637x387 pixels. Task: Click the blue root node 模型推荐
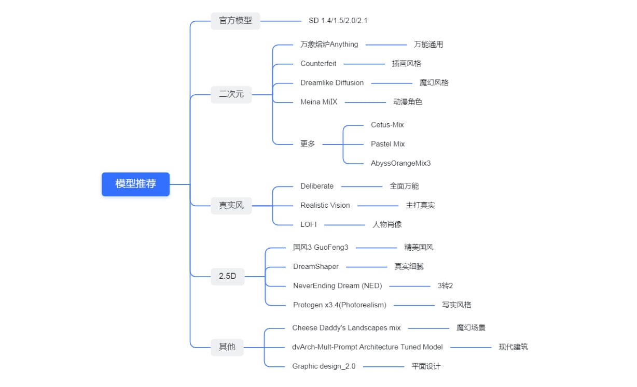pyautogui.click(x=135, y=184)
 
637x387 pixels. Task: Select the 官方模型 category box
pyautogui.click(x=235, y=21)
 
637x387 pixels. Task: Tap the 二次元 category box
pyautogui.click(x=231, y=94)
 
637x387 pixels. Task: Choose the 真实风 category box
pyautogui.click(x=231, y=205)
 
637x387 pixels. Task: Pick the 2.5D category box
pyautogui.click(x=227, y=276)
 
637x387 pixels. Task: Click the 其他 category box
pyautogui.click(x=227, y=347)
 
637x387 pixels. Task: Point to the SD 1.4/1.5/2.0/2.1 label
pyautogui.click(x=338, y=21)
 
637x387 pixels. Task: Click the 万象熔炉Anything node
pyautogui.click(x=329, y=45)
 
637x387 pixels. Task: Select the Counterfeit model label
pyautogui.click(x=318, y=64)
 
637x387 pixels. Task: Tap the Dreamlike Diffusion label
pyautogui.click(x=332, y=83)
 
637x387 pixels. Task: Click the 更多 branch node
pyautogui.click(x=308, y=144)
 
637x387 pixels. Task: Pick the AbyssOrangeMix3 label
pyautogui.click(x=400, y=163)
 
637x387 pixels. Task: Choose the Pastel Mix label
pyautogui.click(x=387, y=144)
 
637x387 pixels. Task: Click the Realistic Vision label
pyautogui.click(x=325, y=205)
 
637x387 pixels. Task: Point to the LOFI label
pyautogui.click(x=308, y=224)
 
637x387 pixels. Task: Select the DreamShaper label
pyautogui.click(x=315, y=266)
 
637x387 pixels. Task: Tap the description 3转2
pyautogui.click(x=445, y=285)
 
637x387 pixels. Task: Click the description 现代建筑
pyautogui.click(x=513, y=347)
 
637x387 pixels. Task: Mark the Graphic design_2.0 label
pyautogui.click(x=324, y=366)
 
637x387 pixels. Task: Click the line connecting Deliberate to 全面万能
pyautogui.click(x=362, y=186)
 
